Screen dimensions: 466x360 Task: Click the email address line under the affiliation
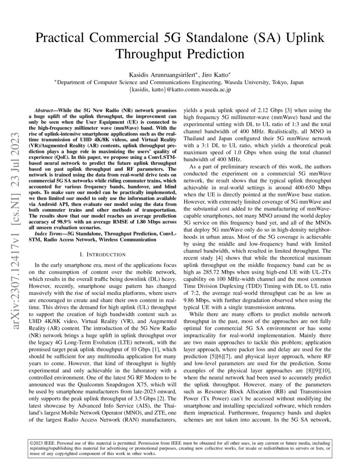180,89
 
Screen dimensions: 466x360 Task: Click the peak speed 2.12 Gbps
260,109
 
